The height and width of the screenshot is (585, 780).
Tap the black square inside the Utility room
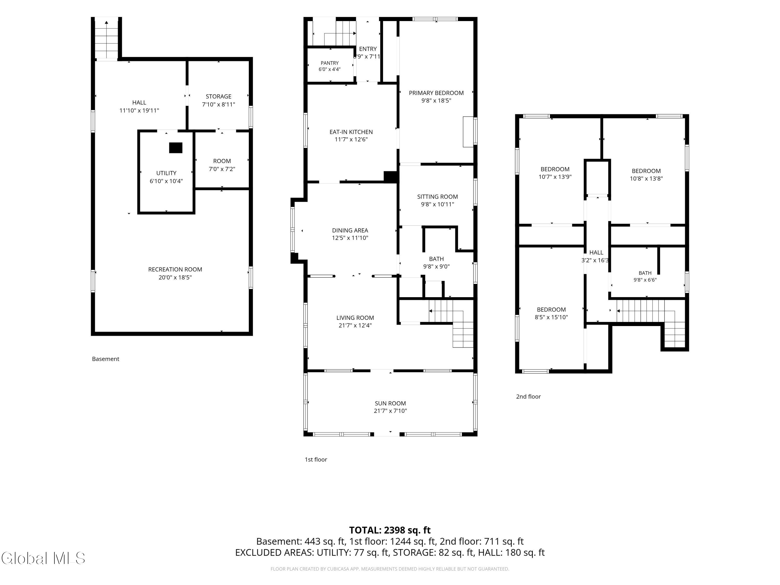[175, 148]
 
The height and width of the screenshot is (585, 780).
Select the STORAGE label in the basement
[219, 96]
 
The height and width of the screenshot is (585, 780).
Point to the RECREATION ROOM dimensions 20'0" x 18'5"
[175, 277]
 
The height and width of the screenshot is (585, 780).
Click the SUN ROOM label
[390, 403]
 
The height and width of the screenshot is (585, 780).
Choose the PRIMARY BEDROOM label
[436, 93]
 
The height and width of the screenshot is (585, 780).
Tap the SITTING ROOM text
[437, 196]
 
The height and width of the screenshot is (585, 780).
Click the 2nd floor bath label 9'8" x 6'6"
[645, 280]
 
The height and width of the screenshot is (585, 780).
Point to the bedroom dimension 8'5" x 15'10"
[551, 317]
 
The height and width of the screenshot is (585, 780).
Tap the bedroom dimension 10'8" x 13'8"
[646, 178]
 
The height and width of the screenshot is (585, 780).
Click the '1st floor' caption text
[316, 459]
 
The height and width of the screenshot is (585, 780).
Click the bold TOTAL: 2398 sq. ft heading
[390, 530]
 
